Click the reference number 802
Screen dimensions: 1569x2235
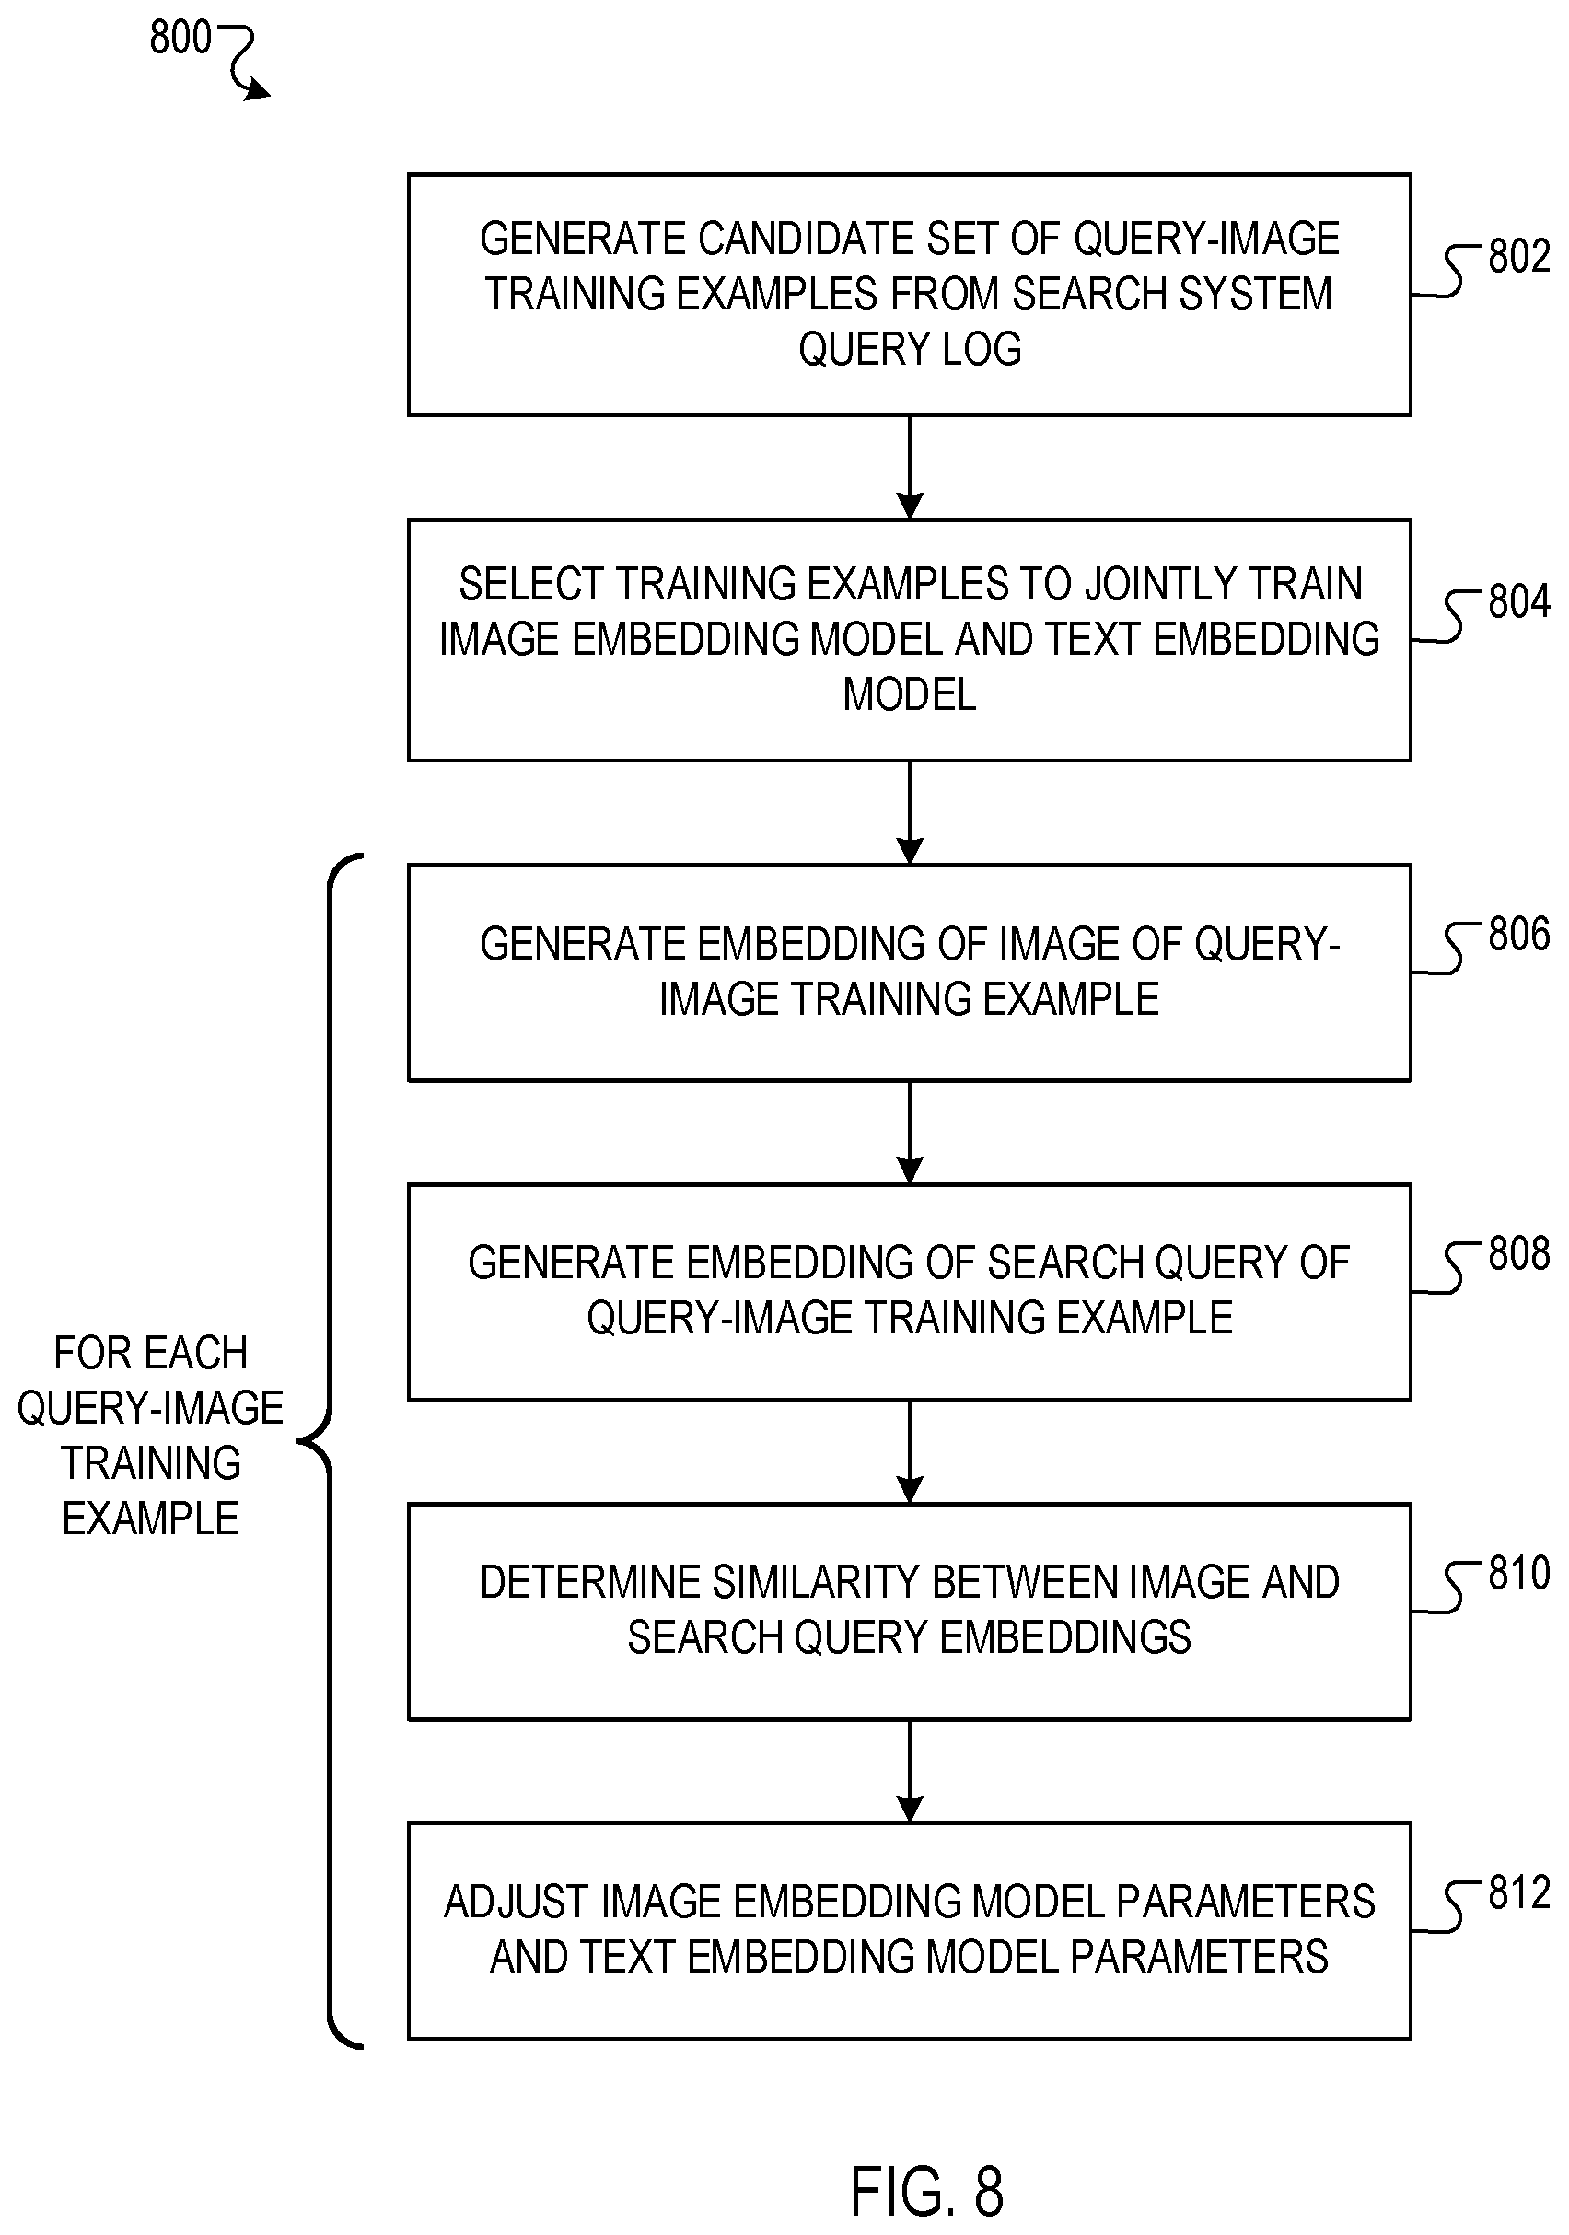click(x=1518, y=256)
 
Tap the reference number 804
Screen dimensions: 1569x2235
click(x=1518, y=601)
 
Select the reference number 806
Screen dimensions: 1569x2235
click(x=1518, y=935)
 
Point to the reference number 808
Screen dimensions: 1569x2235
click(x=1518, y=1253)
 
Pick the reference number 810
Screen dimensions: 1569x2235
click(x=1518, y=1573)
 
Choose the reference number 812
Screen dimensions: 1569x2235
click(x=1518, y=1892)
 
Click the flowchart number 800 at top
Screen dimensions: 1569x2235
click(x=180, y=38)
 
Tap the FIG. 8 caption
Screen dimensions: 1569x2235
click(x=926, y=2191)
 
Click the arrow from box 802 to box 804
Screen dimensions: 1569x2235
click(x=909, y=467)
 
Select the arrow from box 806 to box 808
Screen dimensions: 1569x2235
click(x=909, y=1132)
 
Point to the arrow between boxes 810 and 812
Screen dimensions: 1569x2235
click(x=909, y=1771)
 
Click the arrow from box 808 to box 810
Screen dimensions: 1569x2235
click(x=909, y=1451)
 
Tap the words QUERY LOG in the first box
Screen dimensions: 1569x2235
click(x=909, y=348)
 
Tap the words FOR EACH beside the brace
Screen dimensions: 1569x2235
click(x=151, y=1353)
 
